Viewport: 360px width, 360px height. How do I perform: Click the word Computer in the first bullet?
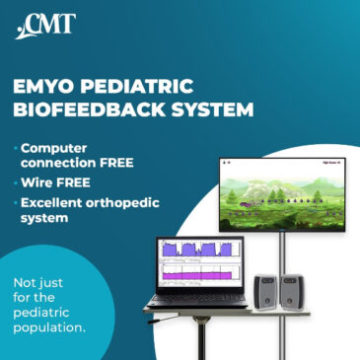tap(60, 146)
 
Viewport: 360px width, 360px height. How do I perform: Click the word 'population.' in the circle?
tap(52, 323)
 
